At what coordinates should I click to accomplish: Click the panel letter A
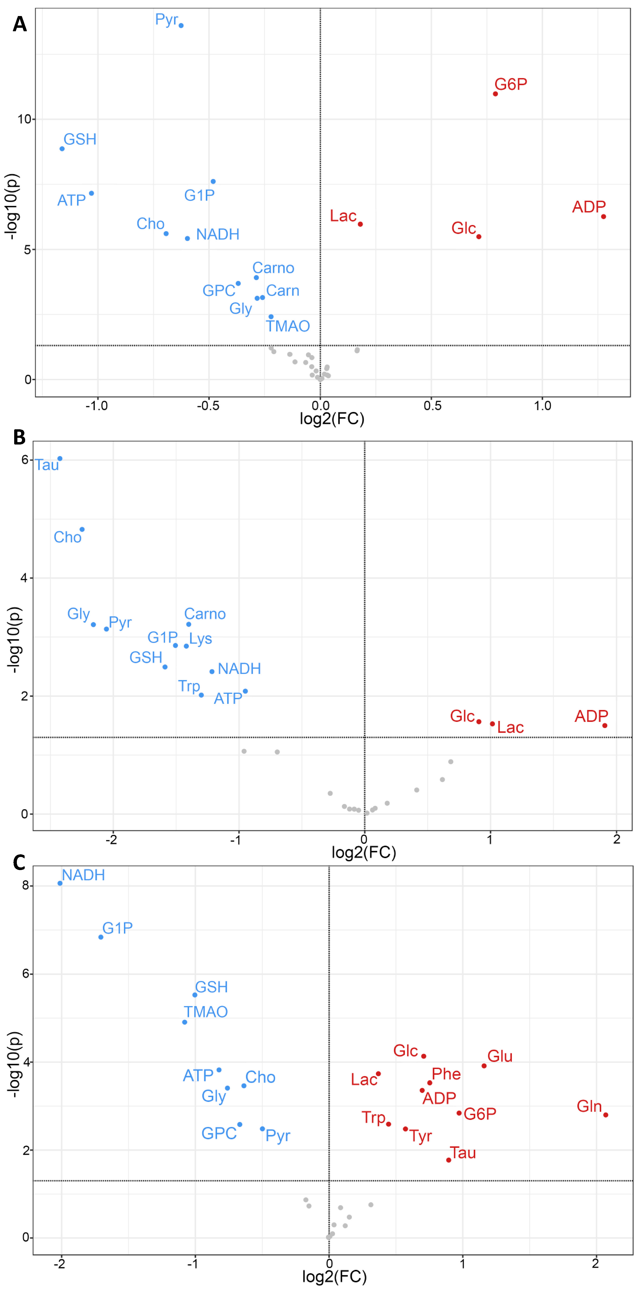pyautogui.click(x=20, y=24)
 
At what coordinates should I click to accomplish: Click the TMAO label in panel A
pyautogui.click(x=288, y=326)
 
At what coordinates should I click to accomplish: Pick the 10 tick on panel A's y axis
pyautogui.click(x=24, y=119)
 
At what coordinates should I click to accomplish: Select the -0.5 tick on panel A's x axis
pyautogui.click(x=208, y=406)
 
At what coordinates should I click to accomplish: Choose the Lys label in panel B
pyautogui.click(x=201, y=638)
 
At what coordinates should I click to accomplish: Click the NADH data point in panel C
pyautogui.click(x=60, y=883)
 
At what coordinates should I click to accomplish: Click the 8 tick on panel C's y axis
pyautogui.click(x=25, y=885)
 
